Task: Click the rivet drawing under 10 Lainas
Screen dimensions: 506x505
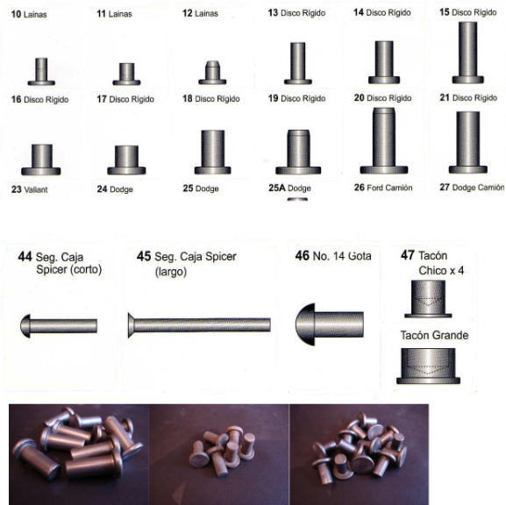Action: click(x=41, y=72)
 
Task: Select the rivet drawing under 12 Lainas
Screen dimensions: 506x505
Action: click(x=212, y=73)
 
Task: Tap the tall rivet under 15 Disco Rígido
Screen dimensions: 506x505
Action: click(x=468, y=53)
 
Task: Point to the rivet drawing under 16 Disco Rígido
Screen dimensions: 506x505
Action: click(x=41, y=160)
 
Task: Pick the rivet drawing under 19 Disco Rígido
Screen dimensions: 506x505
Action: click(x=298, y=152)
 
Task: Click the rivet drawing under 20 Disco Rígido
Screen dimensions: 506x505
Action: click(x=384, y=140)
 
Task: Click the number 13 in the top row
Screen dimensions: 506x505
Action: click(x=273, y=12)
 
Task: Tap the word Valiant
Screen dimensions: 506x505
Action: click(x=36, y=189)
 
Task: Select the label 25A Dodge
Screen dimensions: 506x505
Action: click(x=289, y=188)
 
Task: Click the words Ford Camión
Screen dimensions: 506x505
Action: click(x=390, y=188)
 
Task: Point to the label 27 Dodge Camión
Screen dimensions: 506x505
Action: click(x=472, y=187)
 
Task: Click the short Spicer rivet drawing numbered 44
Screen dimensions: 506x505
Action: click(x=59, y=326)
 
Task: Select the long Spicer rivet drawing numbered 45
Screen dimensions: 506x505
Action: click(x=199, y=325)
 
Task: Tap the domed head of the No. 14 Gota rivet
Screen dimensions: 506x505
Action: click(x=305, y=324)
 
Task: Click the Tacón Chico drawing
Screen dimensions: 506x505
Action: click(x=428, y=299)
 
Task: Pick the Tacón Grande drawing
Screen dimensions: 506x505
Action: click(x=428, y=366)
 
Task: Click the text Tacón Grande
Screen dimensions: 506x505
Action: click(x=434, y=335)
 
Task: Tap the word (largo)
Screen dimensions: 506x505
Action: click(x=171, y=272)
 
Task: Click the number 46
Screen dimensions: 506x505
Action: click(x=302, y=255)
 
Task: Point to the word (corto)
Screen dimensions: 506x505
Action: click(x=85, y=269)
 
